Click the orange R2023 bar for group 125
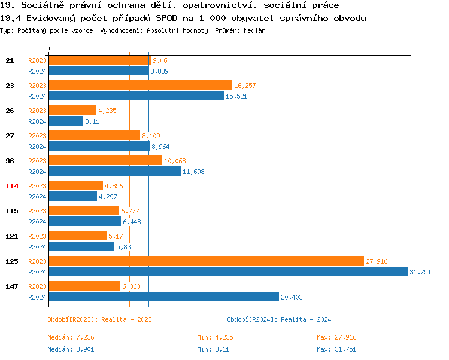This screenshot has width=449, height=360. [x=206, y=261]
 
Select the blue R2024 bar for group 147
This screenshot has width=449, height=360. [x=163, y=297]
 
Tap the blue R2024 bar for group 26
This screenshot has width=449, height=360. [x=66, y=121]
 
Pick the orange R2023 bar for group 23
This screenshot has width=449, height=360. [x=140, y=85]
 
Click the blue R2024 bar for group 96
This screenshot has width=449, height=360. [x=114, y=171]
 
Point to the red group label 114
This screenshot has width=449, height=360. [x=12, y=186]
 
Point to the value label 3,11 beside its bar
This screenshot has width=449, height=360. [x=92, y=121]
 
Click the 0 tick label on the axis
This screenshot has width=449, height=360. [x=48, y=48]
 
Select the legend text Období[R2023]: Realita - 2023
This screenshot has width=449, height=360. [x=99, y=319]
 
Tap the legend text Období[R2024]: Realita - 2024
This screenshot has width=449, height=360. [x=279, y=319]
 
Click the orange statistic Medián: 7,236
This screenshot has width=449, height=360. [x=71, y=337]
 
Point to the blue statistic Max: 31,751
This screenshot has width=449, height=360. [x=336, y=349]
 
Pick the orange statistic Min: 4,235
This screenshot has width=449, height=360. [x=213, y=337]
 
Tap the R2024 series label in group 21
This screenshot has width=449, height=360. [x=37, y=71]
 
